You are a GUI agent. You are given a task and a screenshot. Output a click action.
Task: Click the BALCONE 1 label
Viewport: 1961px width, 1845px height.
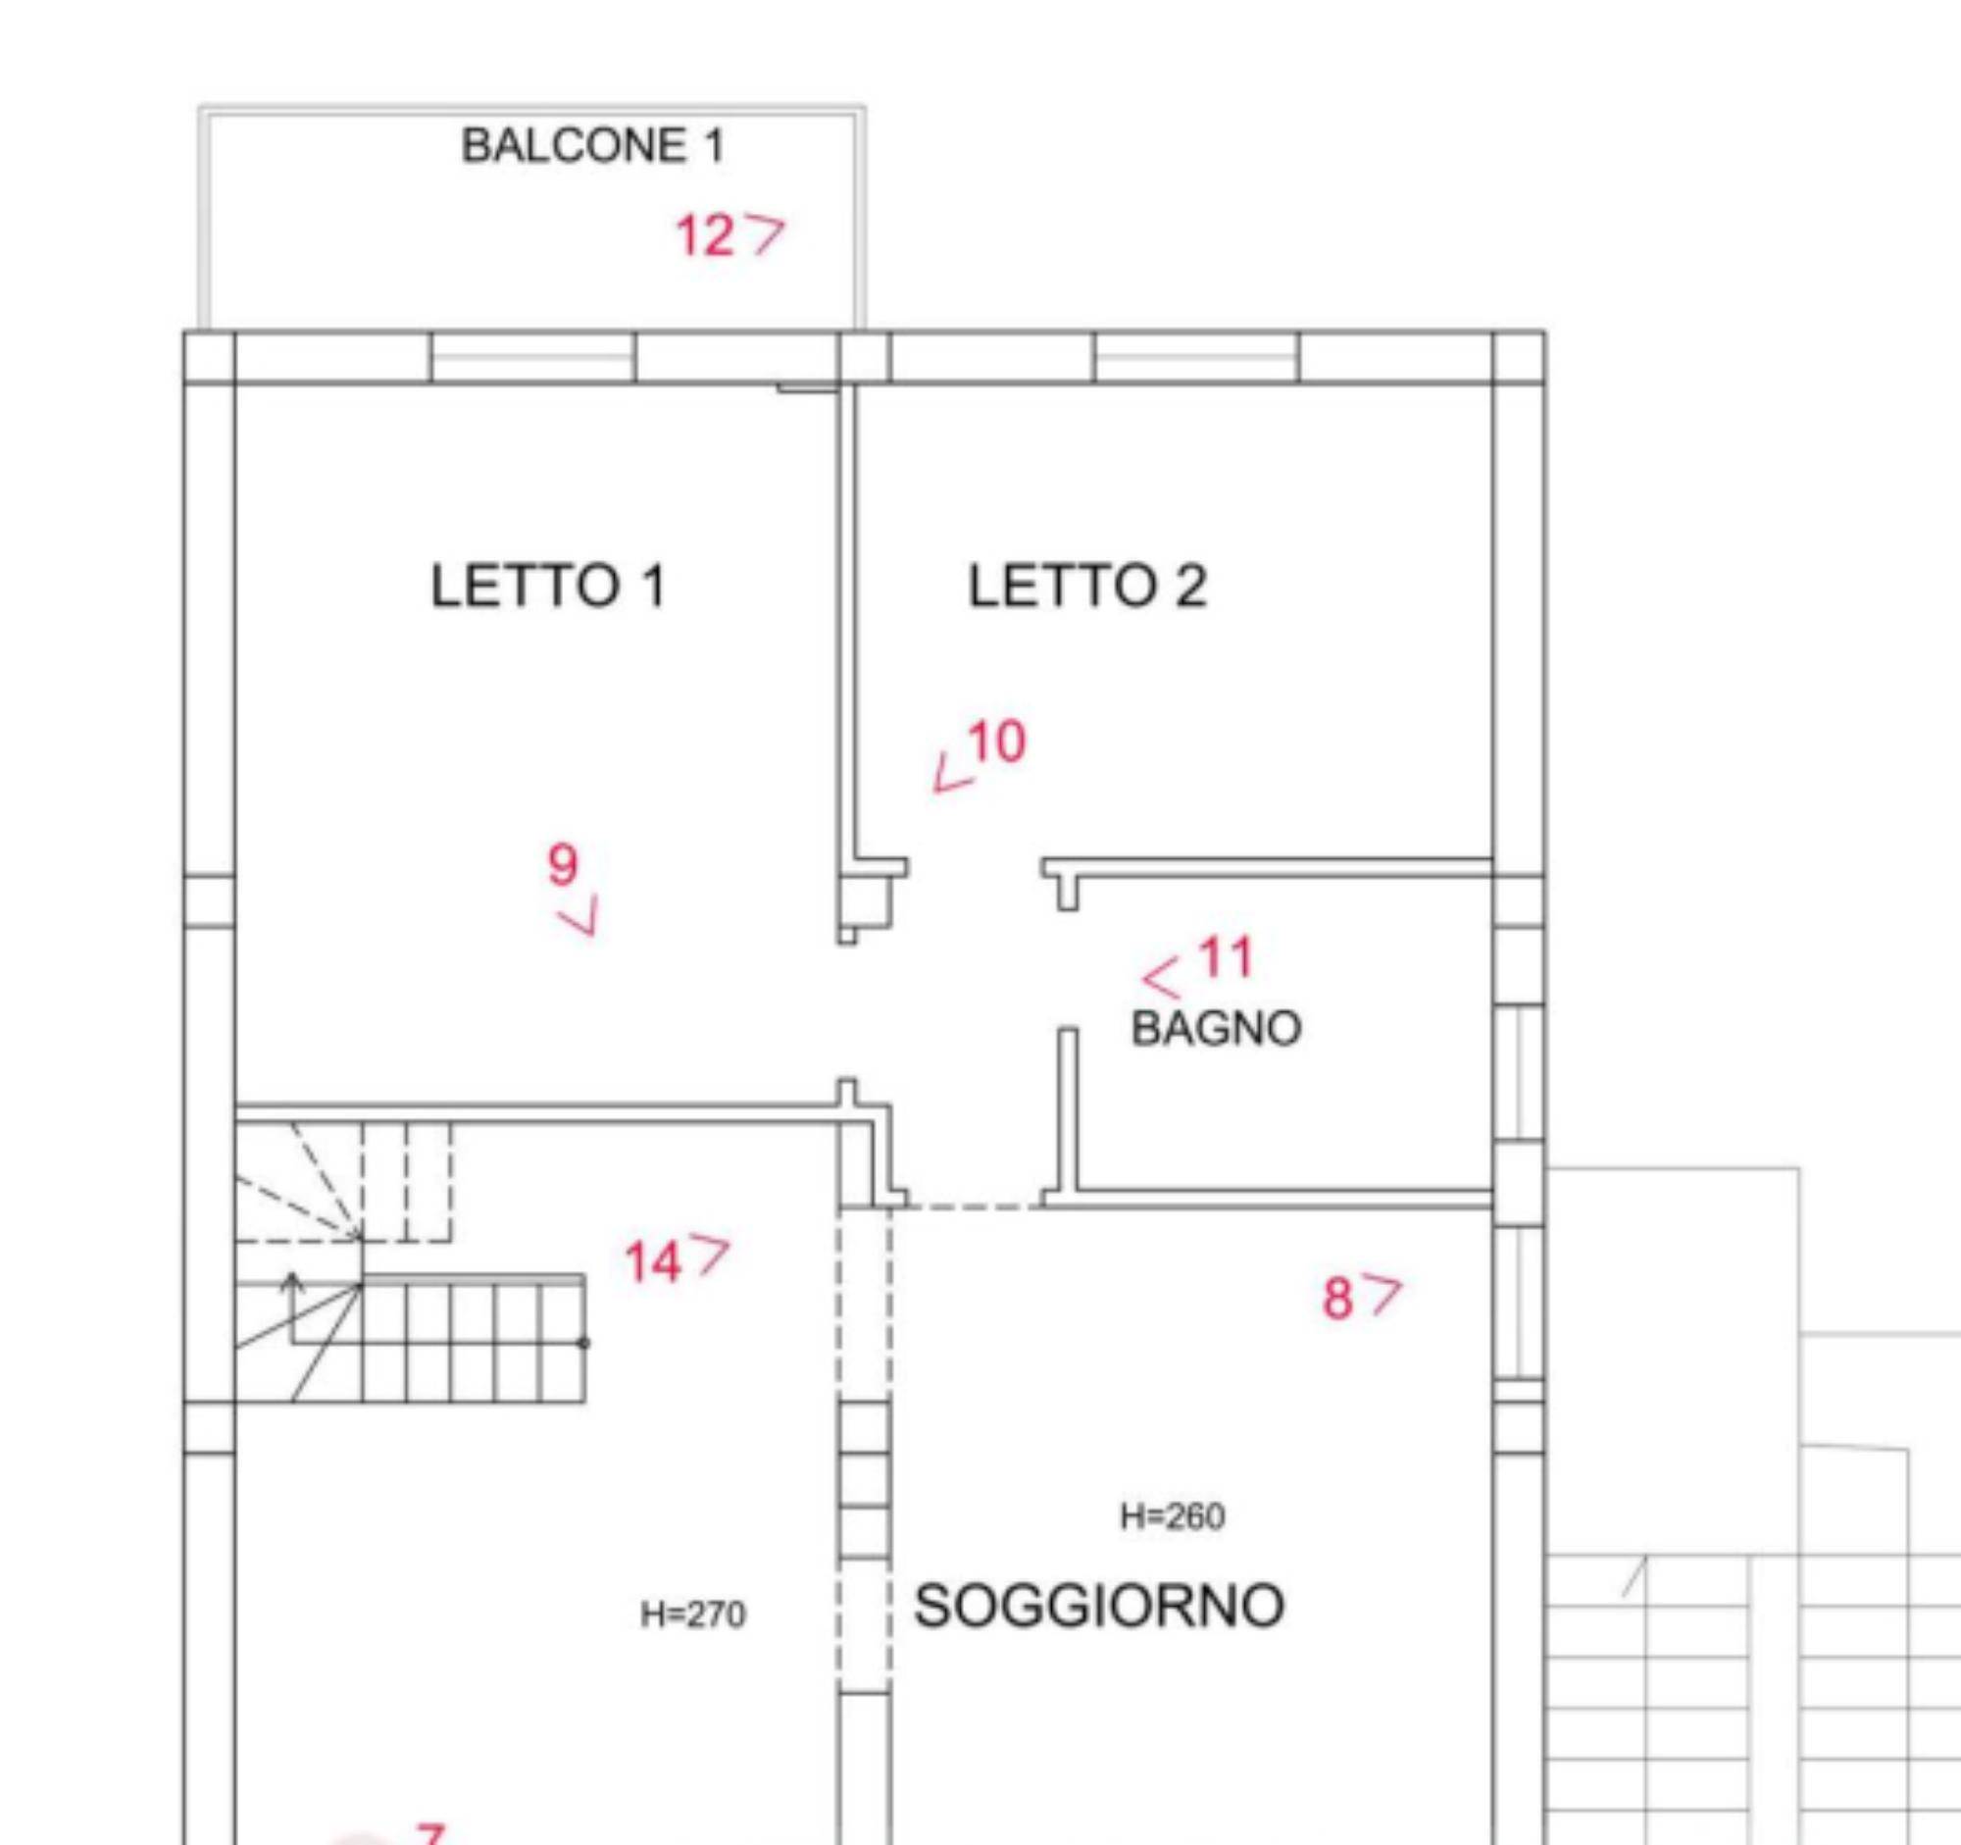click(x=593, y=146)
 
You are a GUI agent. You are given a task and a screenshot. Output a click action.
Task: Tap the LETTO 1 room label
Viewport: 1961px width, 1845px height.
click(x=548, y=586)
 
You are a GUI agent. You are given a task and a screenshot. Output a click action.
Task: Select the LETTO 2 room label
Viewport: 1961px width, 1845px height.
click(x=1087, y=586)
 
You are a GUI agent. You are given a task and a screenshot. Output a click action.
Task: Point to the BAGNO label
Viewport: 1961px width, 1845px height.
click(x=1215, y=1029)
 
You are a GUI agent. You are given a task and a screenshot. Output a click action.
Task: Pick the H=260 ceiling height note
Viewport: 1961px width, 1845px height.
click(x=1173, y=1515)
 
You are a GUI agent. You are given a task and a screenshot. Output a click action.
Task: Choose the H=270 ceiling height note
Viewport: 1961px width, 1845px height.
click(x=693, y=1614)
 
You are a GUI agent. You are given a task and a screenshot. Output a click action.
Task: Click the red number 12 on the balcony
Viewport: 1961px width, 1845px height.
click(x=704, y=236)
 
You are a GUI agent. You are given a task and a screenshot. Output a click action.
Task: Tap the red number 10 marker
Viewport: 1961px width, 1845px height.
click(x=996, y=742)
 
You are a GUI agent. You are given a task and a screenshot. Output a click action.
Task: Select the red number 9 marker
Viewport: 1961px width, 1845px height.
click(x=562, y=864)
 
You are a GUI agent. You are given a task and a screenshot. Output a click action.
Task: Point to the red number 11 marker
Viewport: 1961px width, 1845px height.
click(x=1227, y=957)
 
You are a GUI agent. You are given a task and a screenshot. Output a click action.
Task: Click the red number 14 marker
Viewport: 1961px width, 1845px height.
click(x=653, y=1262)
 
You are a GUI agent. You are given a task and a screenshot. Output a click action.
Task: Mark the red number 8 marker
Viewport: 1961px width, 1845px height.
click(x=1336, y=1299)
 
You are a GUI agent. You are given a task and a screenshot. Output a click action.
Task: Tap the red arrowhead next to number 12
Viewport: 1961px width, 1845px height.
click(x=768, y=234)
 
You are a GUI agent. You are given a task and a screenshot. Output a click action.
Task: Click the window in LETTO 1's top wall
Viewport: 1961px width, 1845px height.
click(x=533, y=356)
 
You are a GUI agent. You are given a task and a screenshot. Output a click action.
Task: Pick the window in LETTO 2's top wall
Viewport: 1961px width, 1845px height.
click(x=1196, y=356)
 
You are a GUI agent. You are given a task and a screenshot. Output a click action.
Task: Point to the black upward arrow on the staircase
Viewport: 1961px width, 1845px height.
click(x=291, y=1307)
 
